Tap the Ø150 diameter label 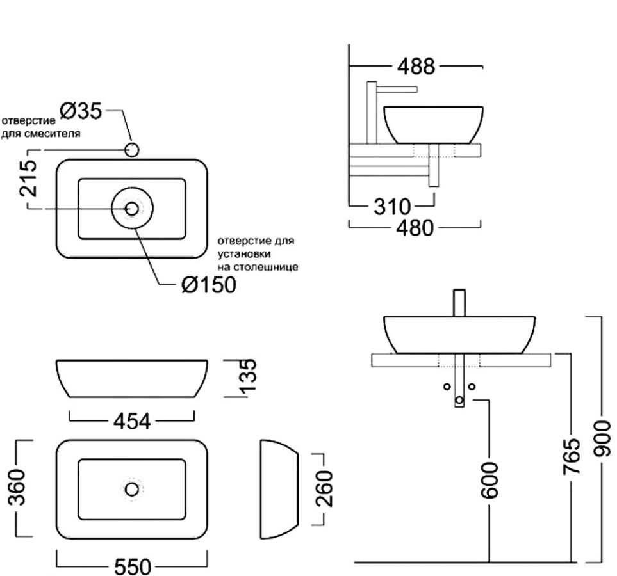click(208, 285)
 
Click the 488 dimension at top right click(415, 66)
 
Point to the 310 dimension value click(391, 207)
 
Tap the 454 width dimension click(131, 422)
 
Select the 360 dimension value click(20, 488)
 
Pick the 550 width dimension click(133, 567)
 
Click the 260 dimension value click(325, 488)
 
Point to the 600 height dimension click(491, 481)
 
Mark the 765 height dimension click(572, 456)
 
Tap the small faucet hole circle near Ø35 click(132, 150)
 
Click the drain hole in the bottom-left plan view click(132, 490)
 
